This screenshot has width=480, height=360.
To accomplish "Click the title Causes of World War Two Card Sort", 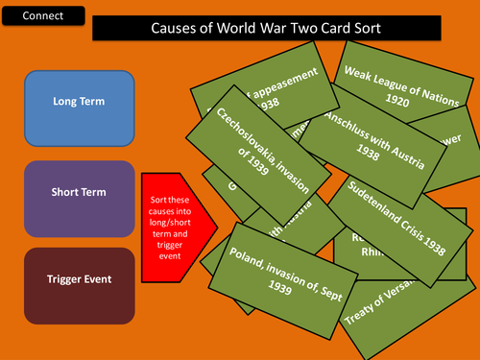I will point(267,28).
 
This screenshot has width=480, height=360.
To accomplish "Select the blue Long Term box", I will point(79,102).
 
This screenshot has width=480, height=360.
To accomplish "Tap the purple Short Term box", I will point(79,191).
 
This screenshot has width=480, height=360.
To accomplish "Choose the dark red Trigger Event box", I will point(79,279).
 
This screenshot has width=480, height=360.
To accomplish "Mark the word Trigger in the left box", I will point(59,279).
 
